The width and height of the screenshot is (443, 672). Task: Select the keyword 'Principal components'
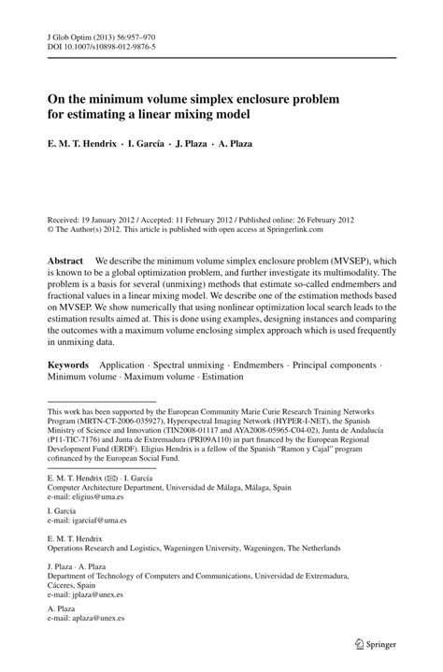coord(352,365)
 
